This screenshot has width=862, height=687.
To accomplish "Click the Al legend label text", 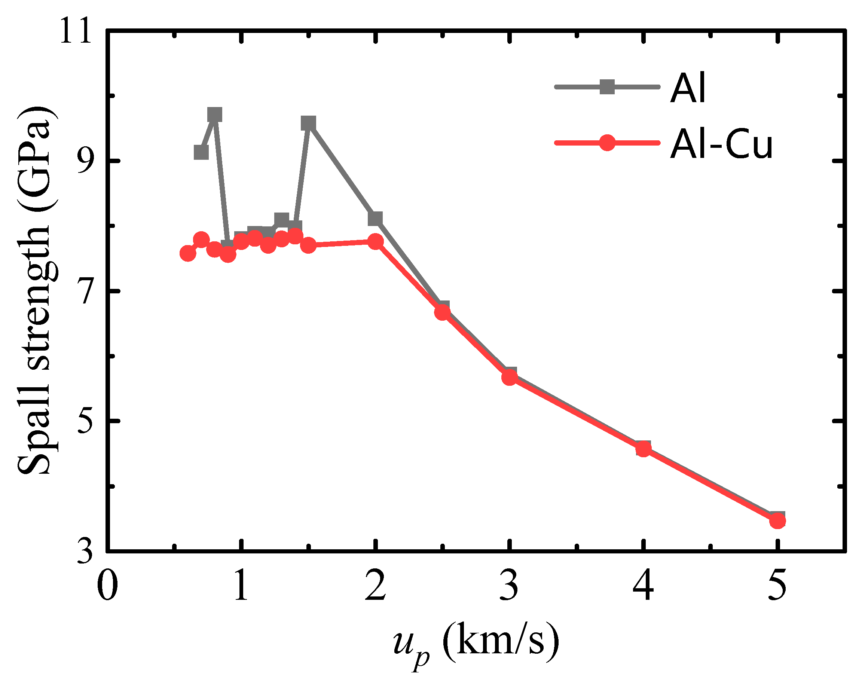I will (688, 88).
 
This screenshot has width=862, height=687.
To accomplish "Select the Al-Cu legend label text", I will (721, 144).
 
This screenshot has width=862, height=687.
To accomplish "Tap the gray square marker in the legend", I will (607, 87).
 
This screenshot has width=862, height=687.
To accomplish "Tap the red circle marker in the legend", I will (607, 143).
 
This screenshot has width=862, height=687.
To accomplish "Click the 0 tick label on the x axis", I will (107, 586).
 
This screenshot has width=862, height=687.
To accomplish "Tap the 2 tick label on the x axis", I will (375, 586).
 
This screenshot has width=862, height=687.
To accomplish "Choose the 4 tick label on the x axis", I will (643, 586).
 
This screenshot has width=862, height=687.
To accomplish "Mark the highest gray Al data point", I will (215, 115).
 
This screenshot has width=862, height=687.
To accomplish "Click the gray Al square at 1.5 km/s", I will (308, 123).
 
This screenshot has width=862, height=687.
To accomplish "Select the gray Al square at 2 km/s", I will (375, 219).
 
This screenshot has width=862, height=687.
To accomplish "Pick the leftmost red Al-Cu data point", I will (187, 253).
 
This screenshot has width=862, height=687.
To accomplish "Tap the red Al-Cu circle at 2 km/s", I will (375, 241).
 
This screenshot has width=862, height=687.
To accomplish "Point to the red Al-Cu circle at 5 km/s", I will (777, 520).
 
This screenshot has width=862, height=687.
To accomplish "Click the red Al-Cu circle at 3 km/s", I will (509, 377).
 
